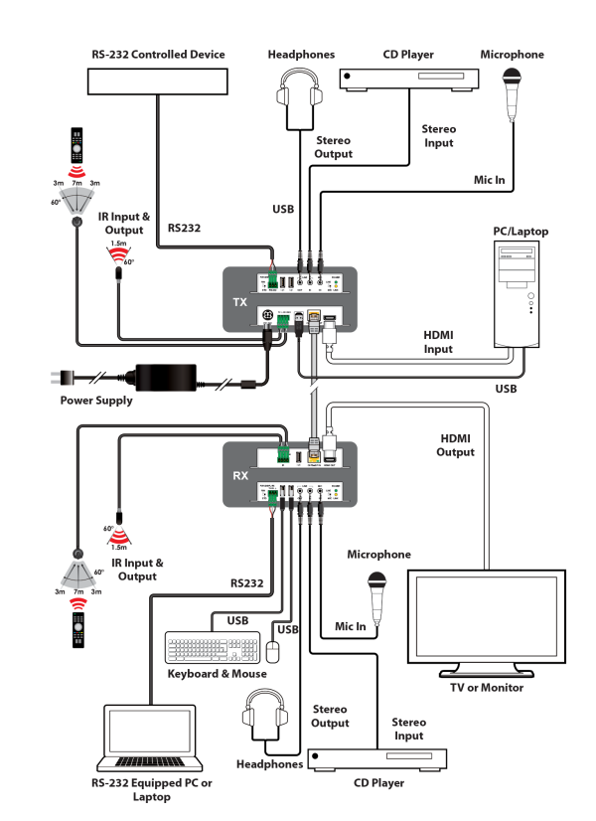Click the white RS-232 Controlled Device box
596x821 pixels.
pyautogui.click(x=157, y=82)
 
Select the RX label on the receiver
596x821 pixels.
pyautogui.click(x=239, y=475)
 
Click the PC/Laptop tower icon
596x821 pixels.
pyautogui.click(x=520, y=293)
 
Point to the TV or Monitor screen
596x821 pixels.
pyautogui.click(x=487, y=620)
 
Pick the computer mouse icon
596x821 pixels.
pyautogui.click(x=272, y=651)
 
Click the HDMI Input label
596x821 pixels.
pyautogui.click(x=438, y=343)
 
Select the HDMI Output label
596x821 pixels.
pyautogui.click(x=456, y=444)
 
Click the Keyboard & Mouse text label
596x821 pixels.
pyautogui.click(x=217, y=673)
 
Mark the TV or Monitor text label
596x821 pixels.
pyautogui.click(x=487, y=687)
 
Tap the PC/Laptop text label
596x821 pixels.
pyautogui.click(x=521, y=232)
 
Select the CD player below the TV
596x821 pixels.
pyautogui.click(x=377, y=760)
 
